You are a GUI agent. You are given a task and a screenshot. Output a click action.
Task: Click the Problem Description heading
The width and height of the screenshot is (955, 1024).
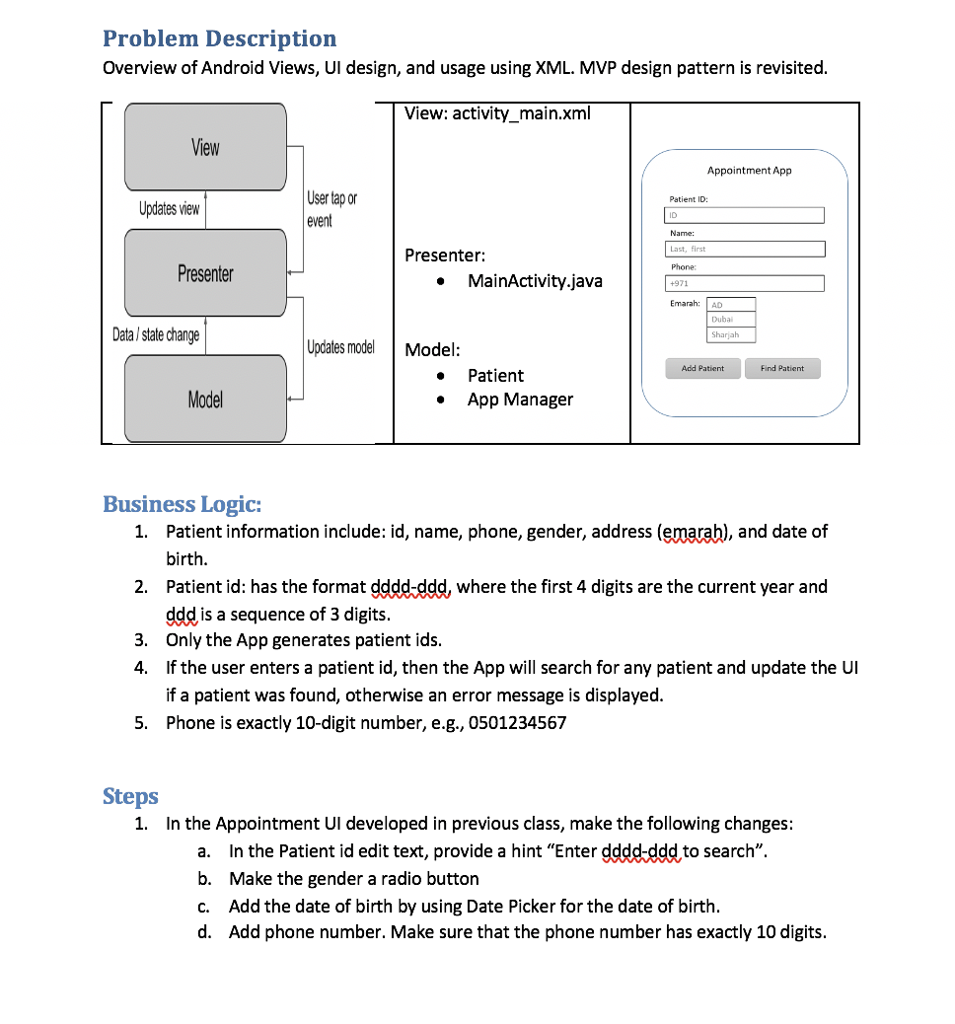point(219,38)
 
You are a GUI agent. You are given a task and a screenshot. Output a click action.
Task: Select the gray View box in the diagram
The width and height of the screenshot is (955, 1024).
point(205,147)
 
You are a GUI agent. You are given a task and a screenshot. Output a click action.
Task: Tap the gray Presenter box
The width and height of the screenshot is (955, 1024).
point(205,273)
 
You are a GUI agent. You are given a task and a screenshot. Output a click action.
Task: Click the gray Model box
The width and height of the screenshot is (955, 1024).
point(205,399)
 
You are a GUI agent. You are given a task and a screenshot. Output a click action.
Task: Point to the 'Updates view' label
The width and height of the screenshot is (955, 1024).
point(169,208)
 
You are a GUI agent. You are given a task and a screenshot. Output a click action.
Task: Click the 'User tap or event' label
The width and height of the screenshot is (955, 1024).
point(331,209)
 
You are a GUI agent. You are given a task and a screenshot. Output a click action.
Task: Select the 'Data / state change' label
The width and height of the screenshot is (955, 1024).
point(156,334)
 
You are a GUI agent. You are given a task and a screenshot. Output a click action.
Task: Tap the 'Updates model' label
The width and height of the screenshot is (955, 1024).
point(340,347)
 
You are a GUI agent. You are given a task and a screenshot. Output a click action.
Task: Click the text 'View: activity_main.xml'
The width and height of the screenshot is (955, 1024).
point(497,113)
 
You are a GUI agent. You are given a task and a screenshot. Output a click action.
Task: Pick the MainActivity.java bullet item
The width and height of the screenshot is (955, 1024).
point(534,281)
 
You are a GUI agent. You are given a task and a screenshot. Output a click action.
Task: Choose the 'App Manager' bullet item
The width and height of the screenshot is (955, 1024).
point(520,400)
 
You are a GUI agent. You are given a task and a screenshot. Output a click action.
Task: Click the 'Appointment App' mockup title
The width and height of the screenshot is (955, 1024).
point(749,171)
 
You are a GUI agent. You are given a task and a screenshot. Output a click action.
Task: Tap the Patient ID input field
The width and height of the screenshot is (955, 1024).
point(745,215)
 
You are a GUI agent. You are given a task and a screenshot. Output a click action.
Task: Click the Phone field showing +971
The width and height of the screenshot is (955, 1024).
point(745,283)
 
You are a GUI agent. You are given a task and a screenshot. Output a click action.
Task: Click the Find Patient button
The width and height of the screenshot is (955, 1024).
point(781,368)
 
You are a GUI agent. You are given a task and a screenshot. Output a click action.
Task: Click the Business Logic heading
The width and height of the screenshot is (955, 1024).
point(182,504)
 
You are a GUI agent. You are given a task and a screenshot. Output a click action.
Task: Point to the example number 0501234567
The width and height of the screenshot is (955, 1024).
point(517,723)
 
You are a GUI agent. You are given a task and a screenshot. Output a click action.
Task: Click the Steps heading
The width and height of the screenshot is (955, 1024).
point(130,796)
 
